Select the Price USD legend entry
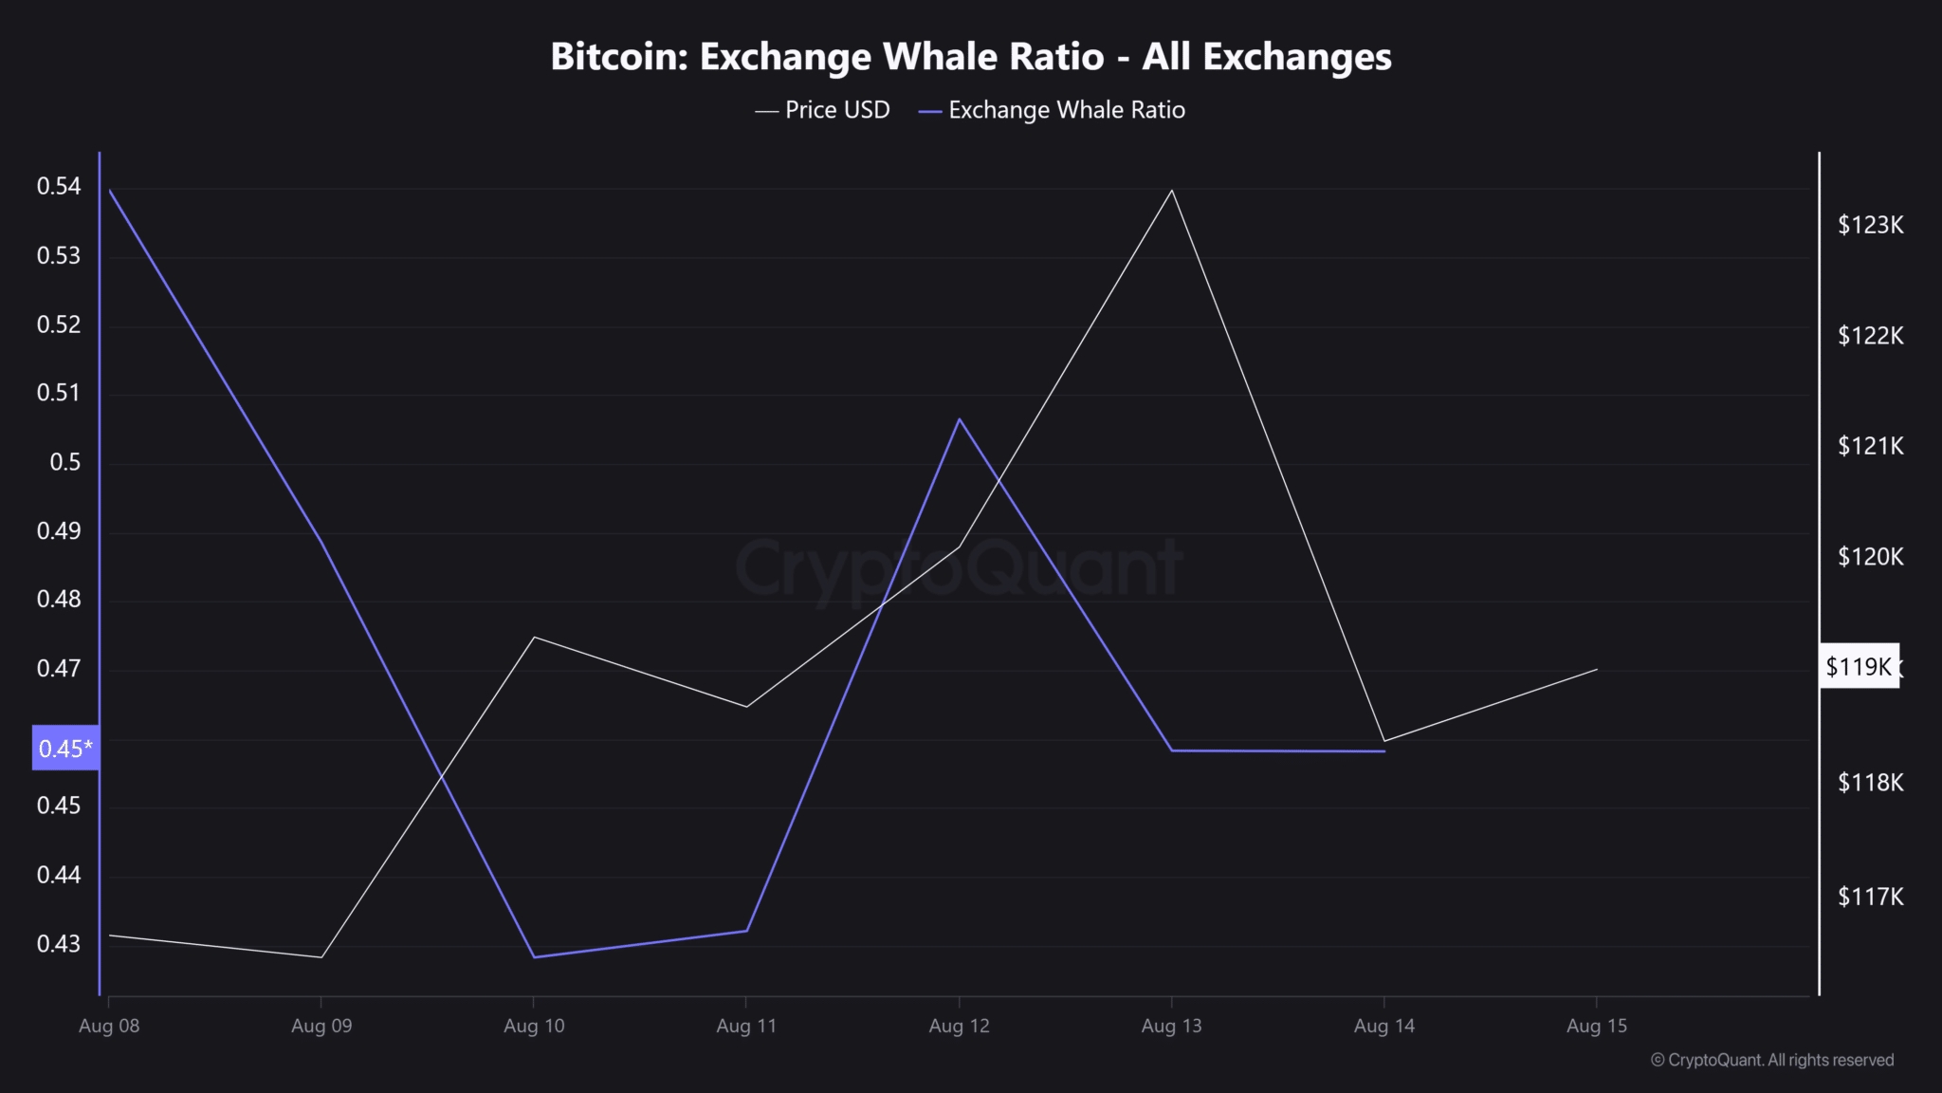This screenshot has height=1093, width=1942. pos(823,110)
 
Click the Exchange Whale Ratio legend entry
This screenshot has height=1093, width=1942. pos(1053,110)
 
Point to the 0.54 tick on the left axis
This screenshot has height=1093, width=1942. pos(59,187)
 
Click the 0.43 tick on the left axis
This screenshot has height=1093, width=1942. pos(59,944)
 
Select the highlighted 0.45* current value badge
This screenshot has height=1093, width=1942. pos(65,749)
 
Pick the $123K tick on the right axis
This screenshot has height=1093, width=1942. pos(1870,225)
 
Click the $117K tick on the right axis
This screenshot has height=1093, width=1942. pos(1870,897)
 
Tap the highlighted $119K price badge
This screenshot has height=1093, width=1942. pos(1859,667)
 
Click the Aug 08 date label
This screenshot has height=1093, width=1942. pos(109,1026)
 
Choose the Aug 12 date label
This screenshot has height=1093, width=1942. pos(959,1026)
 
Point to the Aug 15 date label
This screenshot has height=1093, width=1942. pos(1597,1026)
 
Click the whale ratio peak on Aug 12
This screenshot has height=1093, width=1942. pos(960,419)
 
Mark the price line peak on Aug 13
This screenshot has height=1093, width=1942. pos(1172,191)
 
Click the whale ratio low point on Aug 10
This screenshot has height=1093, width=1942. pos(534,956)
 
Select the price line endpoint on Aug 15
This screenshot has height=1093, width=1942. pos(1597,670)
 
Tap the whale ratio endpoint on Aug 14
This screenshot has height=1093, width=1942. pos(1384,751)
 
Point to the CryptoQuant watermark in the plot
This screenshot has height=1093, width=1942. pos(958,567)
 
